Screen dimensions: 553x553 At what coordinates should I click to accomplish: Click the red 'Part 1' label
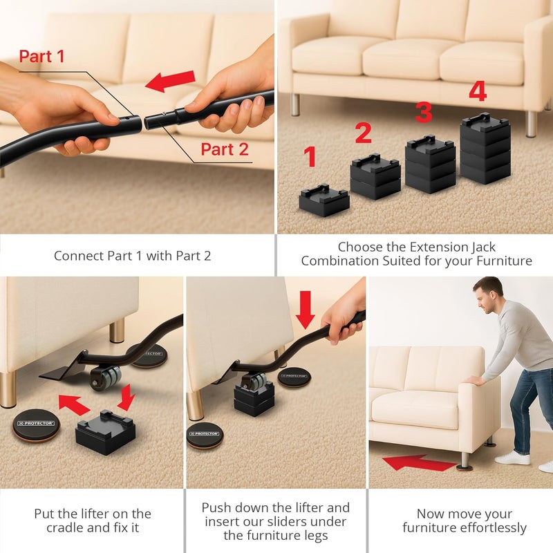click(x=41, y=56)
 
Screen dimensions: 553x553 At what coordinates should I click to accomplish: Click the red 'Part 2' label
click(x=225, y=149)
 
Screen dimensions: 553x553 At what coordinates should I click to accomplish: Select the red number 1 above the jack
click(x=310, y=157)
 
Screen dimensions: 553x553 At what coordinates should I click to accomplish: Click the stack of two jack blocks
click(x=375, y=177)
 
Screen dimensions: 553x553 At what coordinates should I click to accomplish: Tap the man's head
click(x=490, y=295)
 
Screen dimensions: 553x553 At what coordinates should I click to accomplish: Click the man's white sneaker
click(x=512, y=457)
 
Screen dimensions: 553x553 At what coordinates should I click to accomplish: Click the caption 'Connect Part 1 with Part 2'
click(x=132, y=255)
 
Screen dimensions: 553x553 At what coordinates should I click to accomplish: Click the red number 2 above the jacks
click(x=364, y=133)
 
